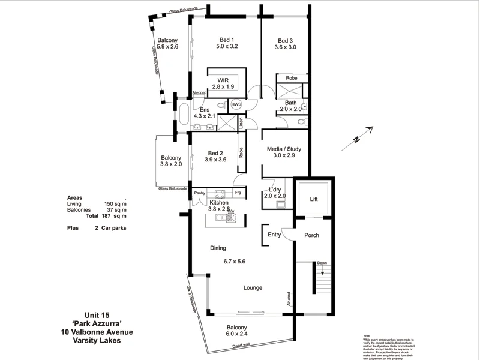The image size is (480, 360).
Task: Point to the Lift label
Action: [313, 199]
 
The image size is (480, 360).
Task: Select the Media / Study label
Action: [285, 149]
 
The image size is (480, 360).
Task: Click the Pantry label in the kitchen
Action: [200, 193]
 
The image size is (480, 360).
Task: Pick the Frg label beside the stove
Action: [238, 193]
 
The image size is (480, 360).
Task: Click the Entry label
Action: [274, 235]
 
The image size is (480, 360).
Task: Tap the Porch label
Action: [312, 235]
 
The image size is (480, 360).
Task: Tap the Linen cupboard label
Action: [241, 123]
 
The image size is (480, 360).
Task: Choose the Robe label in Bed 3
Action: [291, 78]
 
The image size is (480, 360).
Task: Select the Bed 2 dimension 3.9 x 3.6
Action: [215, 160]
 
